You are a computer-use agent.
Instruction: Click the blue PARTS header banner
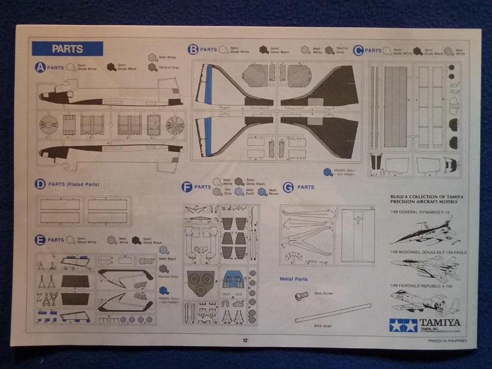pyautogui.click(x=67, y=49)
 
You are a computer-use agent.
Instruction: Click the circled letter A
pyautogui.click(x=40, y=68)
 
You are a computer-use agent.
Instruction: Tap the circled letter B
pyautogui.click(x=193, y=49)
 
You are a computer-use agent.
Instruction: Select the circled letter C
pyautogui.click(x=358, y=51)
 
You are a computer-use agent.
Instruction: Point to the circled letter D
pyautogui.click(x=40, y=185)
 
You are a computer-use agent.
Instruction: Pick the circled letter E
pyautogui.click(x=40, y=240)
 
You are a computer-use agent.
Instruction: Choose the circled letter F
pyautogui.click(x=187, y=187)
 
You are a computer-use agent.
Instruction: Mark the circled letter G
pyautogui.click(x=289, y=187)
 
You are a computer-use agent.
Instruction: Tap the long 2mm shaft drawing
pyautogui.click(x=333, y=313)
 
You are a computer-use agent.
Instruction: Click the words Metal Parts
pyautogui.click(x=294, y=279)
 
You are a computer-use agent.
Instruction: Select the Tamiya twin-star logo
pyautogui.click(x=403, y=326)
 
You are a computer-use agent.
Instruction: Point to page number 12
pyautogui.click(x=245, y=340)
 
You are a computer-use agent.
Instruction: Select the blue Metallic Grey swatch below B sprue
pyautogui.click(x=327, y=172)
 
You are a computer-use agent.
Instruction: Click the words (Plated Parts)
pyautogui.click(x=82, y=185)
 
